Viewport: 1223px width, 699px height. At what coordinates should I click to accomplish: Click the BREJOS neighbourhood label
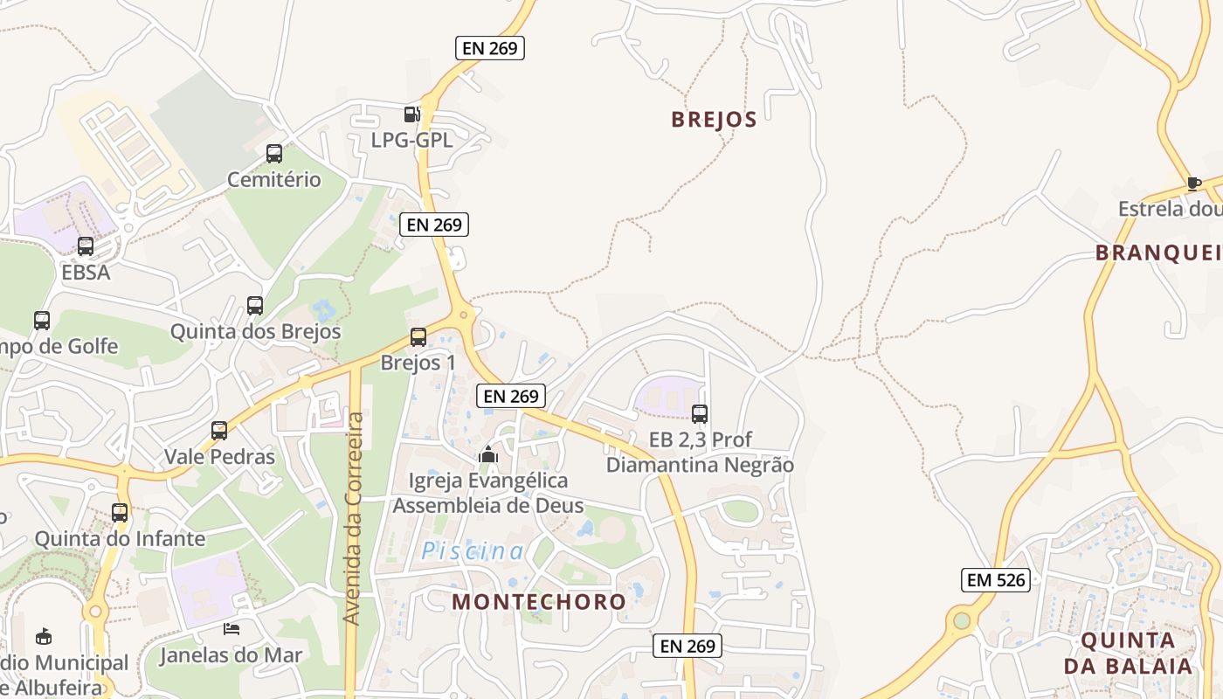tap(714, 120)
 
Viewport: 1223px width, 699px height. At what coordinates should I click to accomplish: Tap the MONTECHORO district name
tap(539, 601)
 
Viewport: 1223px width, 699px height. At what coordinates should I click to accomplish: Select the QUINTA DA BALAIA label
tap(1128, 653)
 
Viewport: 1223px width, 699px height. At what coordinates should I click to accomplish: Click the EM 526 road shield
tap(996, 579)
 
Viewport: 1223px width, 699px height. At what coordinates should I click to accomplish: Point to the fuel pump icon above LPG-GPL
tap(411, 114)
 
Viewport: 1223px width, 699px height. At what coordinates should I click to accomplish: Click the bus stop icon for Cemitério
tap(274, 154)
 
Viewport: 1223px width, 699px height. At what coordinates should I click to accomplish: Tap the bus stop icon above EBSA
tap(86, 246)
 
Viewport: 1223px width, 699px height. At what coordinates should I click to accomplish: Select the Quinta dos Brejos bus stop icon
tap(255, 306)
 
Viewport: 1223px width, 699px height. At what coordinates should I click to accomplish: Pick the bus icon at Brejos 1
tap(418, 336)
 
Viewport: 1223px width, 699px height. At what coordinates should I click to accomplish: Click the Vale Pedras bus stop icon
tap(219, 430)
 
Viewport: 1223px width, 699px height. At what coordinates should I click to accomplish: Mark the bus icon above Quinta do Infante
tap(120, 512)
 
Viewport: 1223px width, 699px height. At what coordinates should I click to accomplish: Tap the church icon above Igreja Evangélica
tap(488, 454)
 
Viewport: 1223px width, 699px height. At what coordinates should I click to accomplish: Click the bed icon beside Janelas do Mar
tap(231, 628)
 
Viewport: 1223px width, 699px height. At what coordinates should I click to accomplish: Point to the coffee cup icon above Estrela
tap(1193, 183)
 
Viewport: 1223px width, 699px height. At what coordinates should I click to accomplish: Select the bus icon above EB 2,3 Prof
tap(700, 413)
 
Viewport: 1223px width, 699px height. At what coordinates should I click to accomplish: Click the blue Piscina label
tap(473, 551)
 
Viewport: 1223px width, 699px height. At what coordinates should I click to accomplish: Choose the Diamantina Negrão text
tap(700, 465)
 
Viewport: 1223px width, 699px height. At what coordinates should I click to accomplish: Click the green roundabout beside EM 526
tap(962, 620)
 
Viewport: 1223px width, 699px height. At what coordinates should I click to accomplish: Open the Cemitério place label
tap(274, 180)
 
